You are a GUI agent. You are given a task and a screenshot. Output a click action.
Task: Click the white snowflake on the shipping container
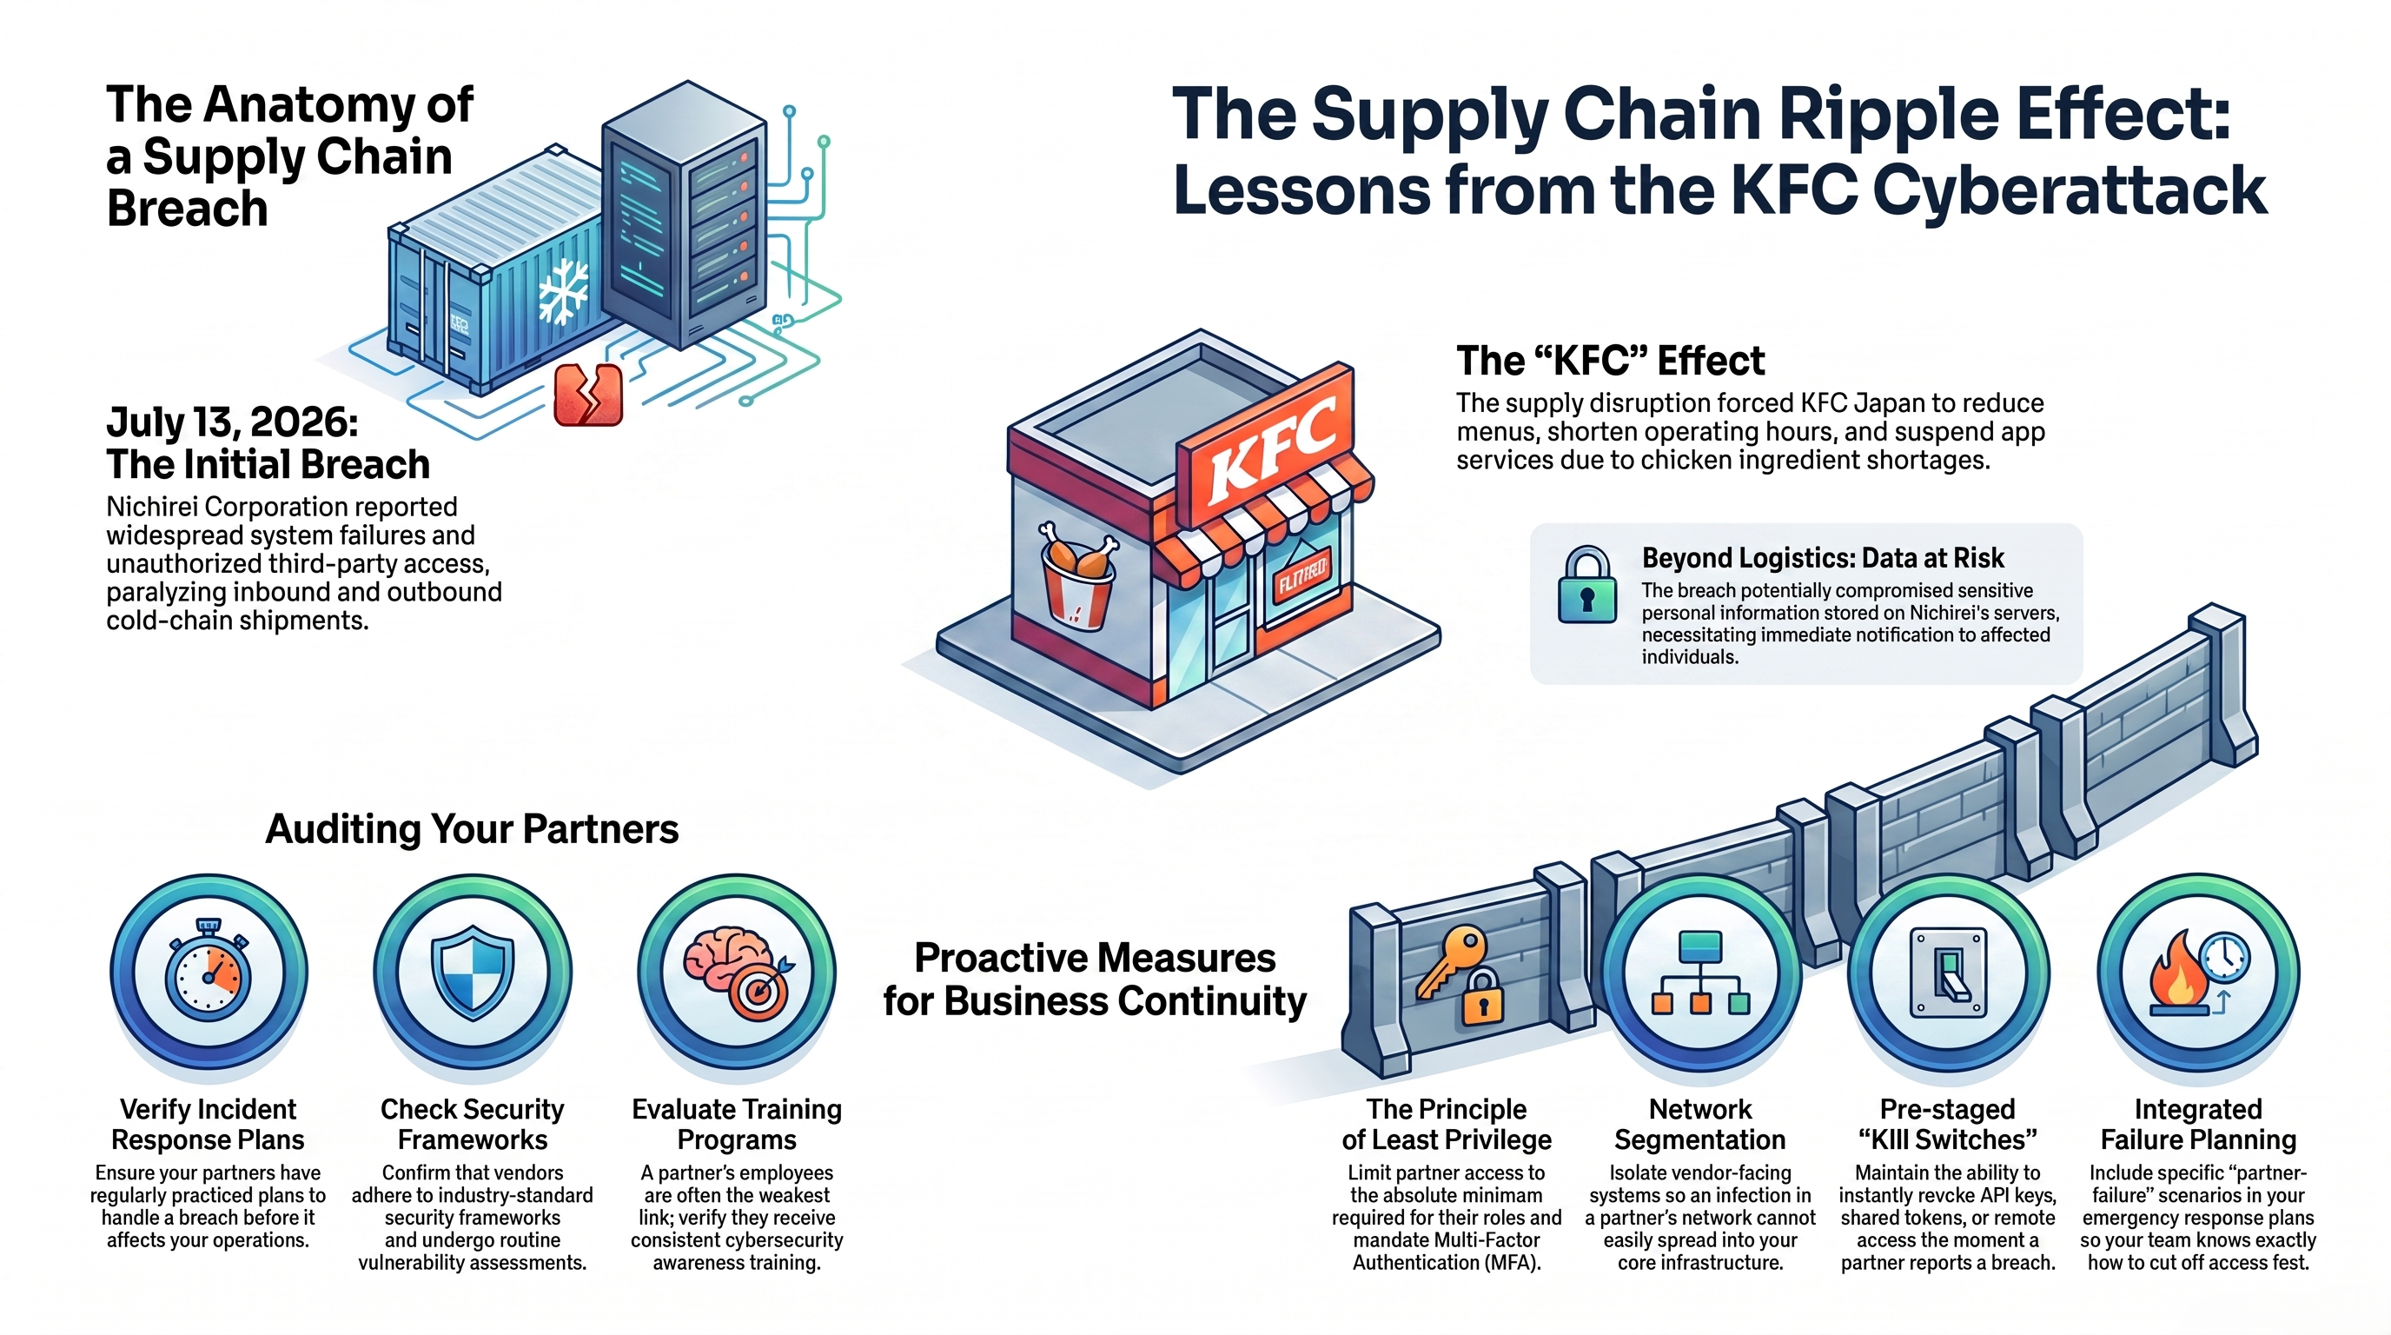[563, 290]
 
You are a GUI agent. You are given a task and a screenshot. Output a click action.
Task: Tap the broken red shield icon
[587, 395]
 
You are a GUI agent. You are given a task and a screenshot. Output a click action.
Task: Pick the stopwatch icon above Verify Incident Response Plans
[209, 969]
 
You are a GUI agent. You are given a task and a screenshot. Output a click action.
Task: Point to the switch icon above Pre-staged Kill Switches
[1947, 973]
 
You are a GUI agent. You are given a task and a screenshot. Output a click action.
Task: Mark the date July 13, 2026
[232, 422]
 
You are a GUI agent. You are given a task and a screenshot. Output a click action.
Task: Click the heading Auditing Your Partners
[472, 828]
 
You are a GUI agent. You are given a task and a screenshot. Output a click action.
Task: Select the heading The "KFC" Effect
[1611, 360]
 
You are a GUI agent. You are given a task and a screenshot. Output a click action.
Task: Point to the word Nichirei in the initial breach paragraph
[153, 507]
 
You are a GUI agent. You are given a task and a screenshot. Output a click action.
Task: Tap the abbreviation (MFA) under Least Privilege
[1504, 1263]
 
